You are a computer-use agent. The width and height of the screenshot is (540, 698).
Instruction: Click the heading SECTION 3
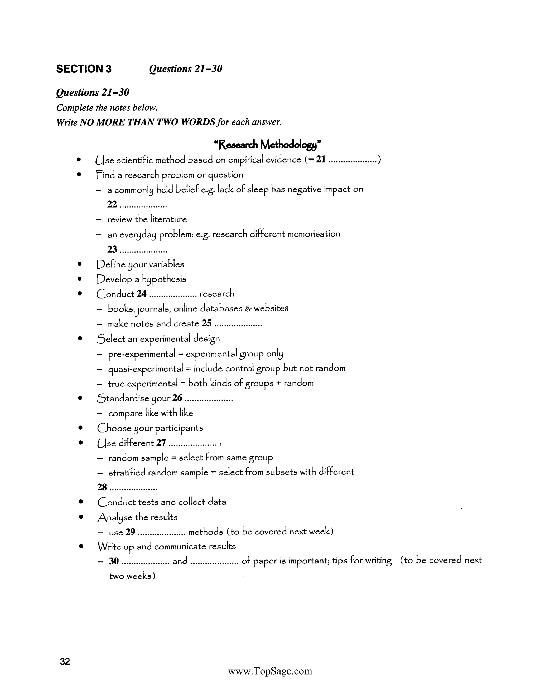(84, 69)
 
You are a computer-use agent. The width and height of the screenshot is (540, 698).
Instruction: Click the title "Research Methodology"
(268, 145)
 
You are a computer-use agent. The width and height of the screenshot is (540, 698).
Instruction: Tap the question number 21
(321, 159)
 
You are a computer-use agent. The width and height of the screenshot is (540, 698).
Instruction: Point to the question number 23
(112, 249)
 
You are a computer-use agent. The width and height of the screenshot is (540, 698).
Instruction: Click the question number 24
(141, 293)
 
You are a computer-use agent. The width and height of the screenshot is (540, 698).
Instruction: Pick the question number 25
(207, 323)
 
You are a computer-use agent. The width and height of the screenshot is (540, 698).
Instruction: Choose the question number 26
(177, 398)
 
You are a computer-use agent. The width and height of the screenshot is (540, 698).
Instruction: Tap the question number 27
(161, 443)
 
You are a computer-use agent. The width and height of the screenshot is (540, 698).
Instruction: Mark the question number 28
(102, 487)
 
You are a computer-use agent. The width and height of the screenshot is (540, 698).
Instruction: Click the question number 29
(130, 532)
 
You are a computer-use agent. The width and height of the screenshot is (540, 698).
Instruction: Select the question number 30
(114, 561)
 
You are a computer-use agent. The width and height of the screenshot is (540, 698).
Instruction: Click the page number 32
(65, 661)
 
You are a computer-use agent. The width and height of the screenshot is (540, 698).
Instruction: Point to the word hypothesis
(164, 279)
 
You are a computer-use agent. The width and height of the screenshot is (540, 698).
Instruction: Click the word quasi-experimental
(146, 369)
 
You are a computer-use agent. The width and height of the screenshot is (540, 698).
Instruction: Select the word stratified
(127, 472)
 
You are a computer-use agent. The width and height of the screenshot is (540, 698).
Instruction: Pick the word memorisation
(314, 234)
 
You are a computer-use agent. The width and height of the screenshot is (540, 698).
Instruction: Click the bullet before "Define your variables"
(80, 264)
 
